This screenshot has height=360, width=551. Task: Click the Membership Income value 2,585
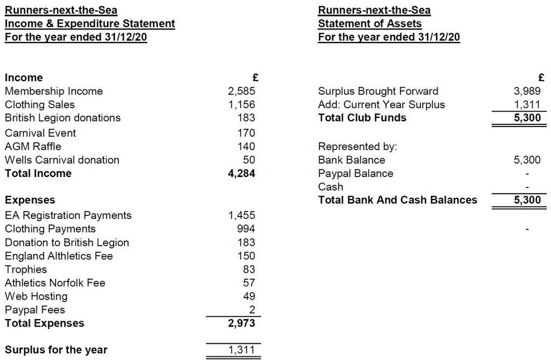point(242,91)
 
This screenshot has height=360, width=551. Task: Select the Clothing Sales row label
point(40,105)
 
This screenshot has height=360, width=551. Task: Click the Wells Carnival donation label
point(62,160)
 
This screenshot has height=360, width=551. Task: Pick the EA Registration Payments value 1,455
point(242,215)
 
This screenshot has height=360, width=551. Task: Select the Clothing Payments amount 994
point(245,229)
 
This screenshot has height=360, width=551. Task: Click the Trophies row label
point(26,270)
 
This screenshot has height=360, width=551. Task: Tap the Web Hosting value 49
point(249,297)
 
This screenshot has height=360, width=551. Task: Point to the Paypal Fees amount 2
point(252,310)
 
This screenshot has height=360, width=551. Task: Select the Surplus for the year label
point(56,350)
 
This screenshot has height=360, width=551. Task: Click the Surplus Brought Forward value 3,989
point(527,91)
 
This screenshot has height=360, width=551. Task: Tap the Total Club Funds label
point(362,118)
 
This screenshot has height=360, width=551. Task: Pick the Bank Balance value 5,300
point(527,160)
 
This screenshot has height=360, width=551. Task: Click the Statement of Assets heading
point(370,24)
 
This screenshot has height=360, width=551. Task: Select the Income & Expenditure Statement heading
point(90,24)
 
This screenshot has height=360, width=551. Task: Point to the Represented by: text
point(352,146)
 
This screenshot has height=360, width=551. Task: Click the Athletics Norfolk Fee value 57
point(249,283)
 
